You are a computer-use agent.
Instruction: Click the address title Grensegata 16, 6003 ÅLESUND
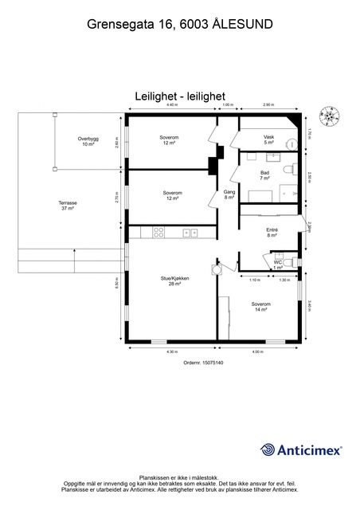click(179, 25)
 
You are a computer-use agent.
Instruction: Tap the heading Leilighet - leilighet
click(179, 96)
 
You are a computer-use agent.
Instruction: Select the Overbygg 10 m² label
click(88, 141)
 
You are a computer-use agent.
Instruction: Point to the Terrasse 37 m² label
click(68, 206)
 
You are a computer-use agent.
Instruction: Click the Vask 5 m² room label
click(269, 139)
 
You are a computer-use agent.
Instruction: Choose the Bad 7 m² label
click(264, 175)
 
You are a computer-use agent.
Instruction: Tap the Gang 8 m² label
click(229, 194)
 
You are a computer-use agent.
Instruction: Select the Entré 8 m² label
click(272, 233)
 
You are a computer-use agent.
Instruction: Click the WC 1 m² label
click(278, 265)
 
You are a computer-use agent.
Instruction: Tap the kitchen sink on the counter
click(190, 233)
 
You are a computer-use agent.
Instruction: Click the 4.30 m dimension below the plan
click(171, 351)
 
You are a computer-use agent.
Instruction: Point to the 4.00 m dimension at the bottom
click(257, 351)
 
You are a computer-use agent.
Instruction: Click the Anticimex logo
click(301, 450)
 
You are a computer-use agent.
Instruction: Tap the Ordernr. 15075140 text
click(182, 363)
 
